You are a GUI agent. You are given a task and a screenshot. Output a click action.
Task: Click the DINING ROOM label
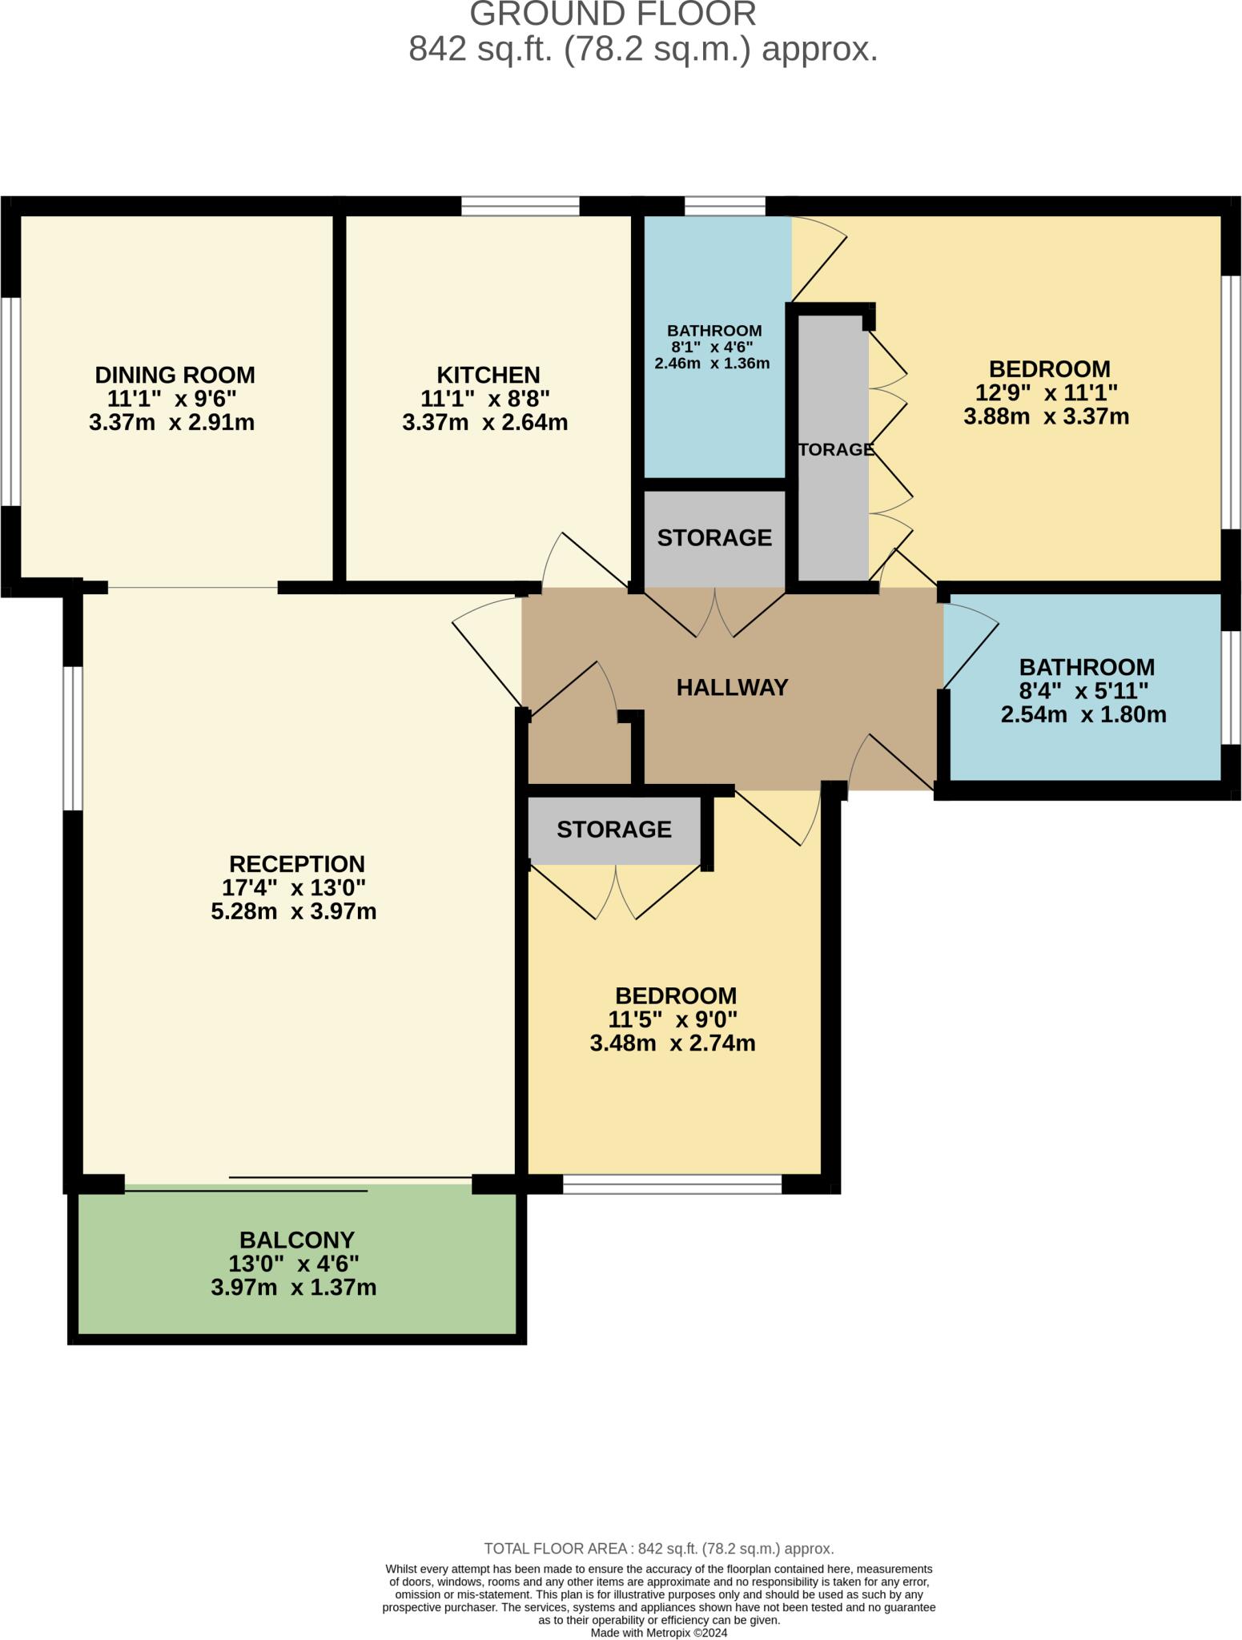(x=175, y=375)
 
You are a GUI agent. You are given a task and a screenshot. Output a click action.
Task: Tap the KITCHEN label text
(x=488, y=375)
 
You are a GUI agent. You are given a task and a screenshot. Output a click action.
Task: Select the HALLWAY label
(x=732, y=688)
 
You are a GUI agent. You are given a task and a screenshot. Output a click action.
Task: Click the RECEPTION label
(x=296, y=864)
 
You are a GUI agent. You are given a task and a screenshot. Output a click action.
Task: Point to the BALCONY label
(x=296, y=1240)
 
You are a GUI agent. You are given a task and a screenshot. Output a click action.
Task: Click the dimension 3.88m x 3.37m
(x=1046, y=416)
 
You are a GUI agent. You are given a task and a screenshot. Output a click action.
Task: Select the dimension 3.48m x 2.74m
(x=672, y=1043)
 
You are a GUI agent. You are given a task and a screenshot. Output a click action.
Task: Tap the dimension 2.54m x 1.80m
(x=1083, y=714)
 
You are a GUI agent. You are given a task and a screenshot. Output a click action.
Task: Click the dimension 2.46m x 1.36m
(x=712, y=364)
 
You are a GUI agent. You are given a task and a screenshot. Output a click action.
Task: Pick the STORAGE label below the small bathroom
(x=714, y=537)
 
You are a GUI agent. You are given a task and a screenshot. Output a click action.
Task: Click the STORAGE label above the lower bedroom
(x=613, y=829)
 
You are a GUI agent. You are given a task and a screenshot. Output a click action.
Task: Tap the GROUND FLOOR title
(x=613, y=14)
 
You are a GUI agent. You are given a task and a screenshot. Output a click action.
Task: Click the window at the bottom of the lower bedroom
(x=672, y=1184)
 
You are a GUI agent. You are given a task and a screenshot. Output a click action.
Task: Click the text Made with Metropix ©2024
(x=658, y=1632)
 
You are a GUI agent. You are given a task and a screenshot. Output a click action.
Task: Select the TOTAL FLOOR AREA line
(x=658, y=1548)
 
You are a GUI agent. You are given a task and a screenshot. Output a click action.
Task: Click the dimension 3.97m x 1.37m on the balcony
(x=293, y=1288)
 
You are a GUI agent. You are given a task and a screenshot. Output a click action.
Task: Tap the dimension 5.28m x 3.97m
(x=293, y=911)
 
